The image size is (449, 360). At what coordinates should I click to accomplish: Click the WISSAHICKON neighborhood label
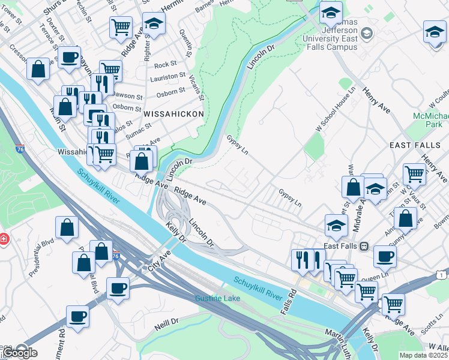(x=173, y=113)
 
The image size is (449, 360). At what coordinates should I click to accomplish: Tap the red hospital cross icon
(x=3, y=239)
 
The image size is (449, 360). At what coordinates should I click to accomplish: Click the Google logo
(x=20, y=352)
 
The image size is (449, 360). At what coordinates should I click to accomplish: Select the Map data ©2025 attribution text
(x=423, y=355)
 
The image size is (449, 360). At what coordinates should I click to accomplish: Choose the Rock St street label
(x=165, y=64)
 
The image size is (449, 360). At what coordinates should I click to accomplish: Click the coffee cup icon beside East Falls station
(x=385, y=256)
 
